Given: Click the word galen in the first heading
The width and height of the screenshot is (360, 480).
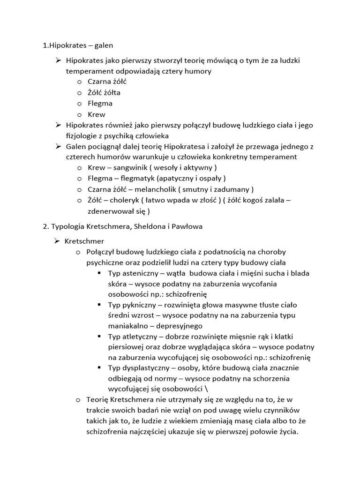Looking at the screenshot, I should (x=104, y=45).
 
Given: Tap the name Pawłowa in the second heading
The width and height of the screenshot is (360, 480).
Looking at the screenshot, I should (x=187, y=226).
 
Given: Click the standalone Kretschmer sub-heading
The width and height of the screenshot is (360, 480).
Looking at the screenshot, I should (x=85, y=241).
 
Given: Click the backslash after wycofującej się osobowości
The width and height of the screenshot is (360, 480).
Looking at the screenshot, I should (x=207, y=389).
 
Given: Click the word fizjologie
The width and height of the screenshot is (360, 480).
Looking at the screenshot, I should (x=83, y=135).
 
